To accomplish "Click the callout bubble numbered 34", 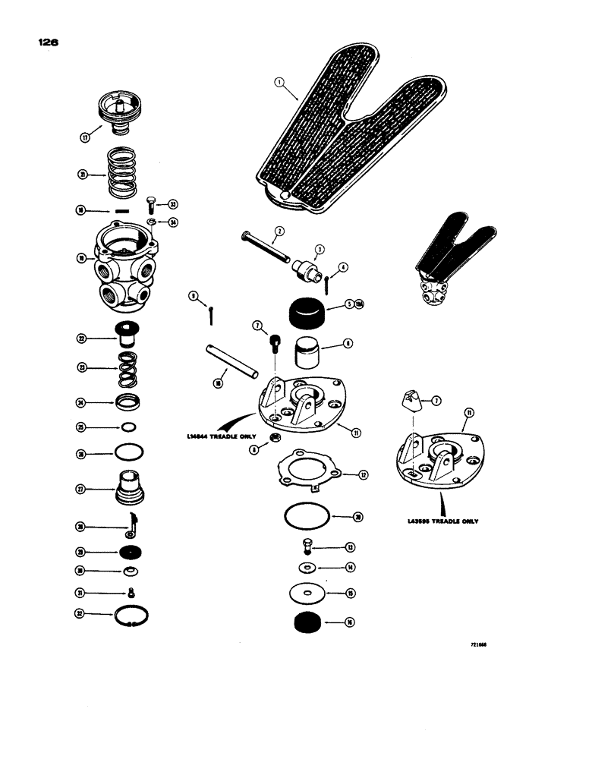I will [172, 222].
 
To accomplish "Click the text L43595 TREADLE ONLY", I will [442, 522].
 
